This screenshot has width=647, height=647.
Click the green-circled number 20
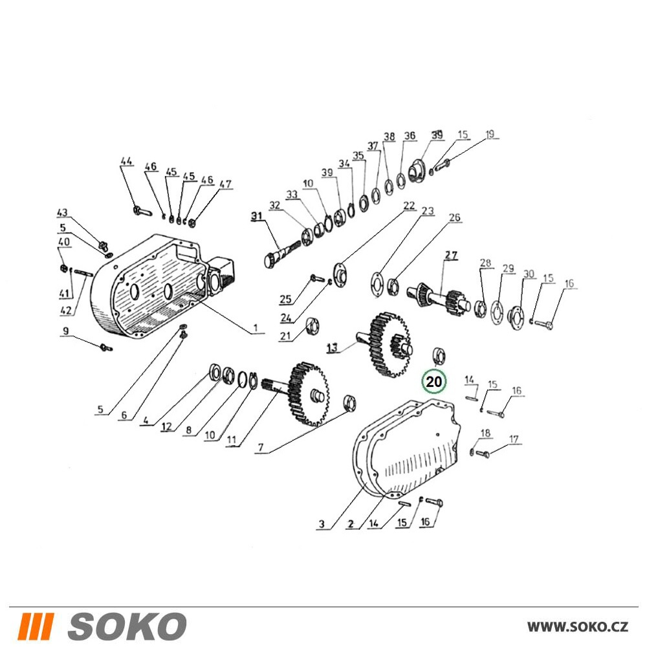tap(433, 382)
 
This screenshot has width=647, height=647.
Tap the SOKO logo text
tap(127, 626)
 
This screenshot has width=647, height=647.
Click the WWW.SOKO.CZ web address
tap(578, 626)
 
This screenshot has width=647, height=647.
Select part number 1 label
tap(256, 328)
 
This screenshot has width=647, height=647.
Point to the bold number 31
tap(257, 216)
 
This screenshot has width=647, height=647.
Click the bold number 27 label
tap(451, 255)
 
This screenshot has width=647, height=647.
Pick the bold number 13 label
tap(332, 347)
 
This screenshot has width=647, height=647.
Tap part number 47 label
tap(226, 184)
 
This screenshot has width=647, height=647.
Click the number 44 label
tap(127, 161)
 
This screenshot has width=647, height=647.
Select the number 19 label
tap(490, 134)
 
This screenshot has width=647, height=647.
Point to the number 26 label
tap(454, 217)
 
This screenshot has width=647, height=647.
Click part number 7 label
tap(261, 448)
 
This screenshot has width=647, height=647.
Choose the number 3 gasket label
tap(322, 524)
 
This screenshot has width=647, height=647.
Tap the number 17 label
tap(514, 440)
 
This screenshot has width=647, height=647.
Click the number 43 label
tap(62, 213)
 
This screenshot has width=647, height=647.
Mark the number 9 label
tap(66, 331)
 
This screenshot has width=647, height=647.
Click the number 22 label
tap(409, 205)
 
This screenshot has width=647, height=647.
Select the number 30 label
tap(529, 274)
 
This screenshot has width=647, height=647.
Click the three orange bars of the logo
tap(37, 626)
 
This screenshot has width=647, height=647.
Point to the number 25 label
tap(285, 299)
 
